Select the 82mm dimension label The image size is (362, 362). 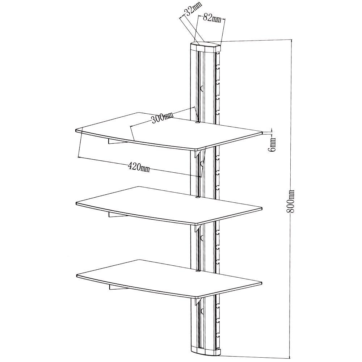(x=212, y=18)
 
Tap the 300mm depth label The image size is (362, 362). (x=162, y=118)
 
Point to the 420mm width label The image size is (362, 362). (x=139, y=167)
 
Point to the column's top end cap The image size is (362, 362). (x=205, y=46)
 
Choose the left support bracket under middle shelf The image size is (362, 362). (x=116, y=216)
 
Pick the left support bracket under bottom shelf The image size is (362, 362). (x=116, y=288)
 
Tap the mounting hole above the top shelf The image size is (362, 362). (x=197, y=123)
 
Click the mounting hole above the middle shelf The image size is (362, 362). (x=197, y=197)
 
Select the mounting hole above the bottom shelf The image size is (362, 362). (x=197, y=270)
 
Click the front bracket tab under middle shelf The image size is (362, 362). (x=196, y=228)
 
